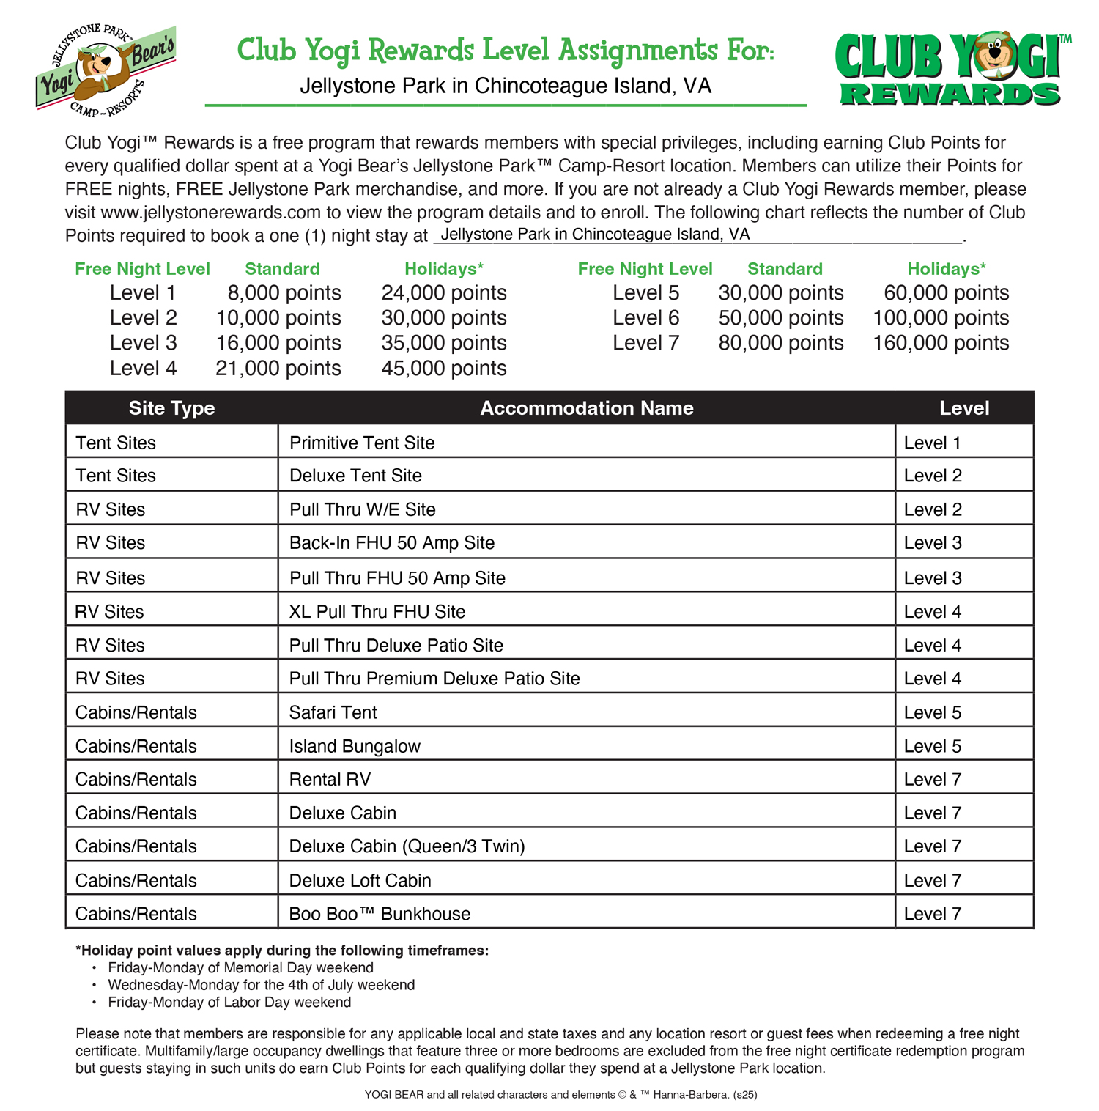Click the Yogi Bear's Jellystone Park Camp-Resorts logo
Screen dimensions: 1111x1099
coord(106,70)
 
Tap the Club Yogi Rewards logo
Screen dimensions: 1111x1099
coord(950,70)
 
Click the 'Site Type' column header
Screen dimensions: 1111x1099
coord(171,408)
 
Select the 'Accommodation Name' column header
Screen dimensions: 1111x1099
coord(586,408)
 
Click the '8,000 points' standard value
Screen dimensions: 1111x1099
coord(284,293)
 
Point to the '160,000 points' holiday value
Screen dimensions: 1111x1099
coord(941,343)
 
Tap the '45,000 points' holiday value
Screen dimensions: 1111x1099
coord(443,368)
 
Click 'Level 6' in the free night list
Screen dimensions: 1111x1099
coord(645,318)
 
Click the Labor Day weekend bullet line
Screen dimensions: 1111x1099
coord(229,1002)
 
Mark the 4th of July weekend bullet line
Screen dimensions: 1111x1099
coord(261,985)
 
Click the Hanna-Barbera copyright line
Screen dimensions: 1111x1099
coord(560,1095)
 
